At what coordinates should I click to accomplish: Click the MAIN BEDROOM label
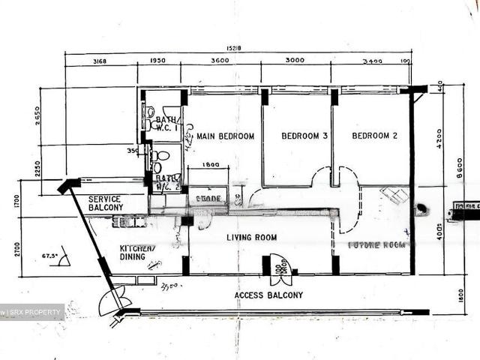[225, 136]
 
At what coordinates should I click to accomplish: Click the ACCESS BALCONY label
[268, 295]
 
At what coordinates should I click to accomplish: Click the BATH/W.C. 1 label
[167, 123]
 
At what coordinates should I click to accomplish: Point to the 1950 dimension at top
[158, 61]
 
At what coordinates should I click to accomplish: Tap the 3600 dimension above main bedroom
[220, 61]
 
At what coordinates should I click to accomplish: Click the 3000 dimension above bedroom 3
[295, 61]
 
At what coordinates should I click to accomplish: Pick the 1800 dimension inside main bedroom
[211, 165]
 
